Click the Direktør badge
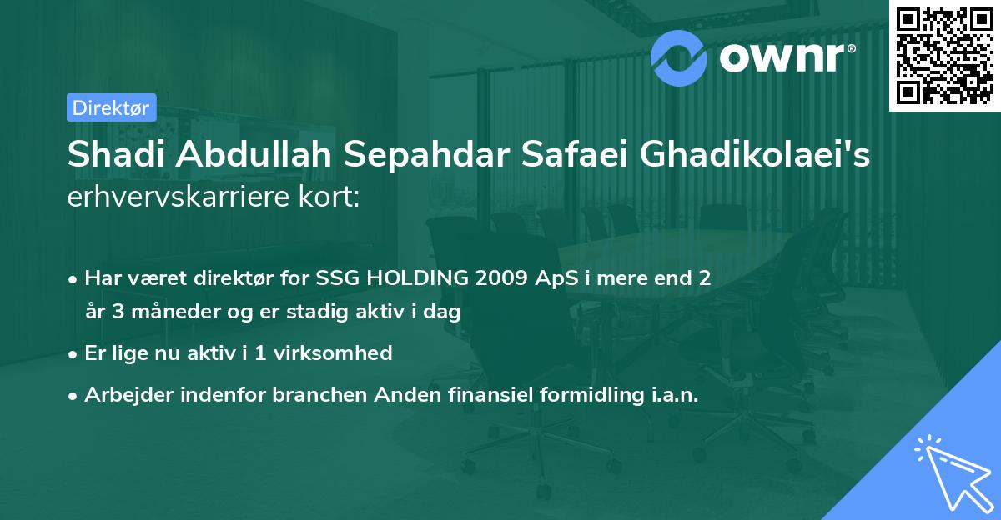coord(111,107)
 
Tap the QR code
coord(943,55)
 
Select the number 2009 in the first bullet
coord(500,278)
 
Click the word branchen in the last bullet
coord(320,394)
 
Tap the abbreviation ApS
coord(556,278)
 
